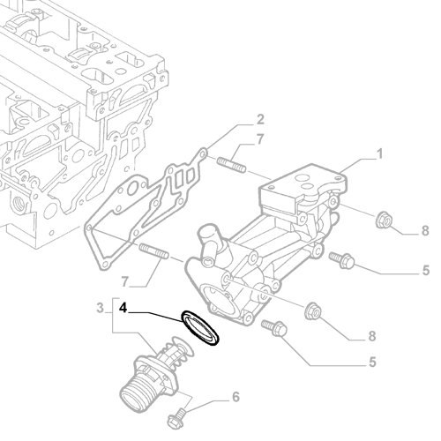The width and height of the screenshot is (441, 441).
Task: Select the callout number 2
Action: [259, 119]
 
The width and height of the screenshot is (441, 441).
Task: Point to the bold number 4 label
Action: [123, 309]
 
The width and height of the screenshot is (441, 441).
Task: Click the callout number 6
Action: [235, 397]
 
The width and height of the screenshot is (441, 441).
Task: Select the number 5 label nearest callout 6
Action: [373, 362]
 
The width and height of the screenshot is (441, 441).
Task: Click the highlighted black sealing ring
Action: [201, 326]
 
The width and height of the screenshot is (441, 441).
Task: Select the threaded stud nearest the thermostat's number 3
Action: [153, 253]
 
